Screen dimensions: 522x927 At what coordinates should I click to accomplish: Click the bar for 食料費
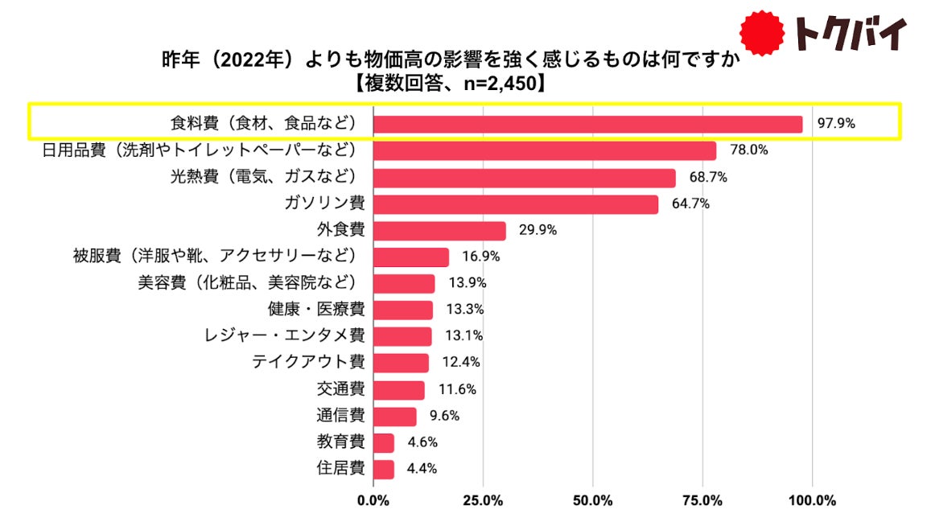tap(588, 124)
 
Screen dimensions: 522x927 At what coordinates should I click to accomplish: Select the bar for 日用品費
tap(545, 150)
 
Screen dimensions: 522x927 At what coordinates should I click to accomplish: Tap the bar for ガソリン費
tap(516, 203)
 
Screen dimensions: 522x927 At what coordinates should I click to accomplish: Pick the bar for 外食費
tap(439, 231)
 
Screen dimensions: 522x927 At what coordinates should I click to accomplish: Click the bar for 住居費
tap(384, 469)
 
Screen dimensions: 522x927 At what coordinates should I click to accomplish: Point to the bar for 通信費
tap(395, 416)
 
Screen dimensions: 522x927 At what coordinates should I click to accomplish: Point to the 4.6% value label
tap(417, 442)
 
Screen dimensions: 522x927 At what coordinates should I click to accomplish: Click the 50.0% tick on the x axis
tap(592, 500)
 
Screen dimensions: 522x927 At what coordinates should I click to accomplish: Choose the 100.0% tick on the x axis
tap(812, 500)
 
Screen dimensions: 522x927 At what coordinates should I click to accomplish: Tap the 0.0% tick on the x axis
tap(373, 500)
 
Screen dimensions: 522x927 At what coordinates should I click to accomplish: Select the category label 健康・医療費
tap(316, 310)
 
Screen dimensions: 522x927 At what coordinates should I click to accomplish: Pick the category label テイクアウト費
tap(308, 363)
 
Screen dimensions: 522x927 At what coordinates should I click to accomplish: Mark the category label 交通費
tap(340, 389)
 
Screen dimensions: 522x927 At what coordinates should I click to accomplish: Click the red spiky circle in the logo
tap(762, 33)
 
